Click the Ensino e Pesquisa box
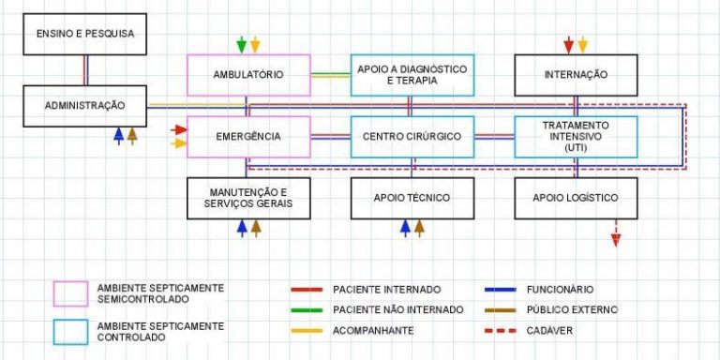(85, 34)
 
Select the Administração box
(85, 106)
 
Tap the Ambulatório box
(248, 75)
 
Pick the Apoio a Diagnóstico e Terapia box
(412, 75)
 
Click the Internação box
(576, 75)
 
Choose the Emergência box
(248, 137)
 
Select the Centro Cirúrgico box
(412, 137)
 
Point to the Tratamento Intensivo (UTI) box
(576, 137)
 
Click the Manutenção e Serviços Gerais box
(248, 198)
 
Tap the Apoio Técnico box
(412, 198)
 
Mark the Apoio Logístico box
(576, 198)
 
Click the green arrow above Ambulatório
(242, 44)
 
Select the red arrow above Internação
(568, 44)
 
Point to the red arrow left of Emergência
(179, 129)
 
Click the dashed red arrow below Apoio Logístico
(616, 233)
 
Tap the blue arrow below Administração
(118, 135)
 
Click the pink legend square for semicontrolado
(69, 292)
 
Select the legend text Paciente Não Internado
(398, 309)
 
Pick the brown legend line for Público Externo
(506, 309)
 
